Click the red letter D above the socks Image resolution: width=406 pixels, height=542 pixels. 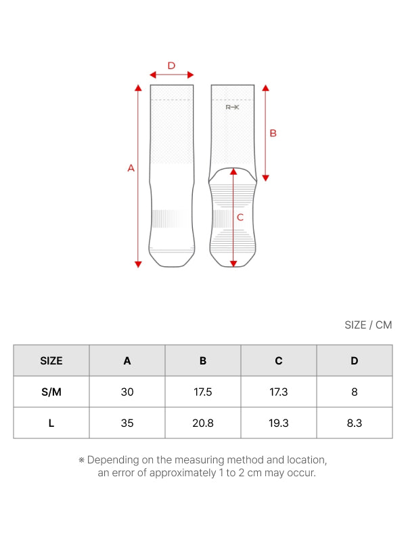171,66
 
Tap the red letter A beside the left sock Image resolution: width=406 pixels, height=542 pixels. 131,168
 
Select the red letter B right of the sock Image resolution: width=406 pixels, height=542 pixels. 273,133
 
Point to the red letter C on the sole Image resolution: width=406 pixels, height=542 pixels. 240,217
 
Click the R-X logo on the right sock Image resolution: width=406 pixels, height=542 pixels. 232,107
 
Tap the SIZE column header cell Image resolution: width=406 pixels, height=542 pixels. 51,360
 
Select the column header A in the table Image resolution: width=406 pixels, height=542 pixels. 127,361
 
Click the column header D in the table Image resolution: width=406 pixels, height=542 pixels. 355,361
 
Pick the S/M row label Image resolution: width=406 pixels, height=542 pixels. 51,392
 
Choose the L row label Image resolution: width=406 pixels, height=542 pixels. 51,423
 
